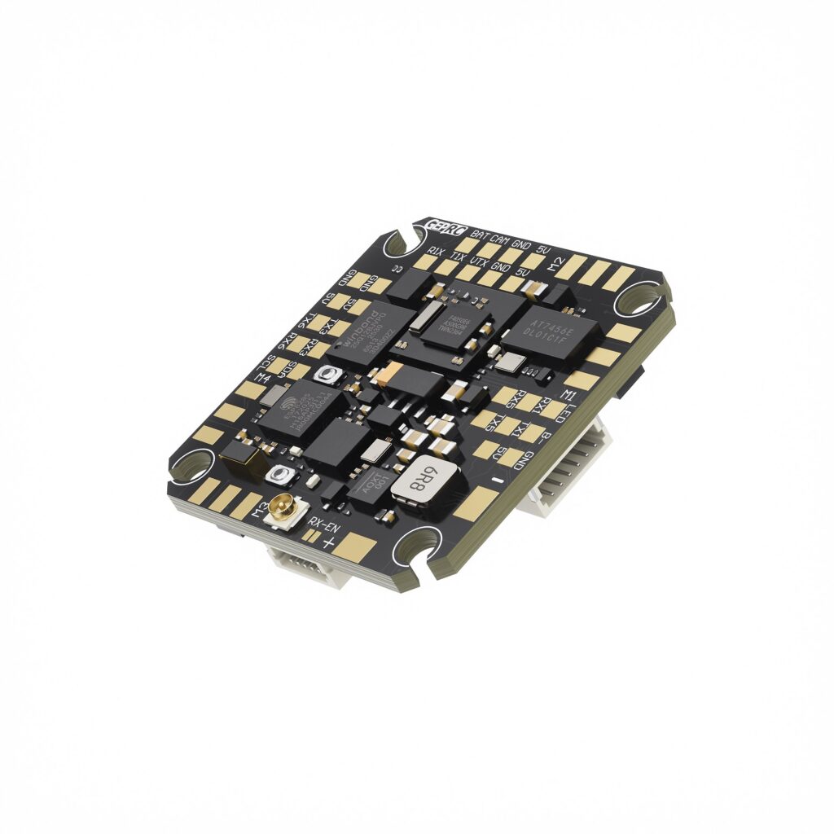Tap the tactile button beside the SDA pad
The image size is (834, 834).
tap(330, 375)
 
